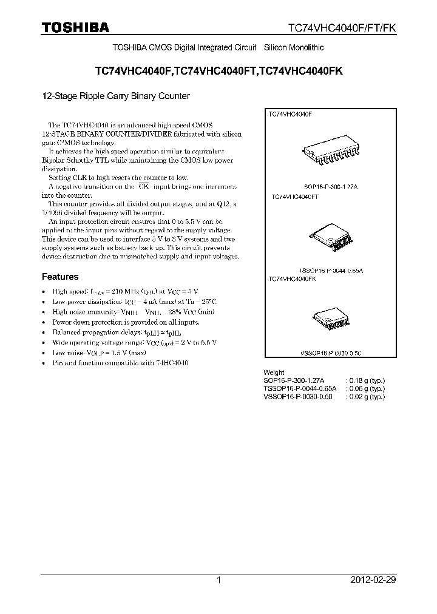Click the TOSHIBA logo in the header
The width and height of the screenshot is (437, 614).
75,27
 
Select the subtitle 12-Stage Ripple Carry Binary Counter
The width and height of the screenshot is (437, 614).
115,96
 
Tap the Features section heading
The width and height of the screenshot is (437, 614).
60,277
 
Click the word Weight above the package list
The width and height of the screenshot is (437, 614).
274,373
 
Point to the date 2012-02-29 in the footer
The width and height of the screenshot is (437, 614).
373,580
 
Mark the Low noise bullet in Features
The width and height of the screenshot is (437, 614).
100,353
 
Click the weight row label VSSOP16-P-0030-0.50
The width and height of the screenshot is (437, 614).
298,396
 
